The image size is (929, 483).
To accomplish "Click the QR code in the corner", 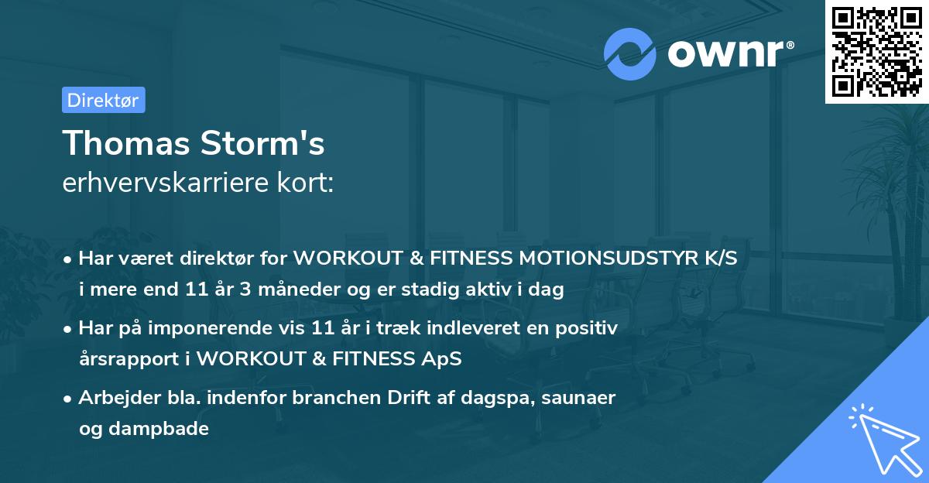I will click(x=877, y=51).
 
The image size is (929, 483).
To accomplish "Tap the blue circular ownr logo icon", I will click(x=630, y=54).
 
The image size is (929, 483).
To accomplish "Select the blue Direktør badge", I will click(x=103, y=100).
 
